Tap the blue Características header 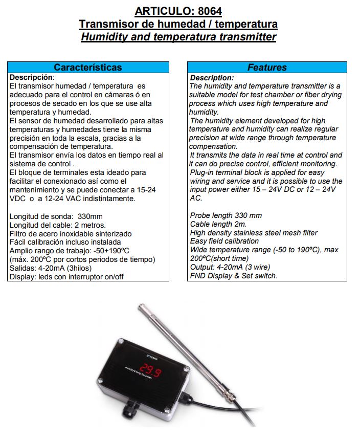click(x=88, y=68)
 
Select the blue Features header click(x=267, y=68)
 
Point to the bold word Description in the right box click(x=212, y=78)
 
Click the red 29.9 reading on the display click(x=151, y=370)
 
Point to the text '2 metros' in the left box click(x=90, y=225)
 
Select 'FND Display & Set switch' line click(x=233, y=276)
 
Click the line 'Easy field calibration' click(x=224, y=241)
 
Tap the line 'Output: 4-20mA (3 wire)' click(x=230, y=267)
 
